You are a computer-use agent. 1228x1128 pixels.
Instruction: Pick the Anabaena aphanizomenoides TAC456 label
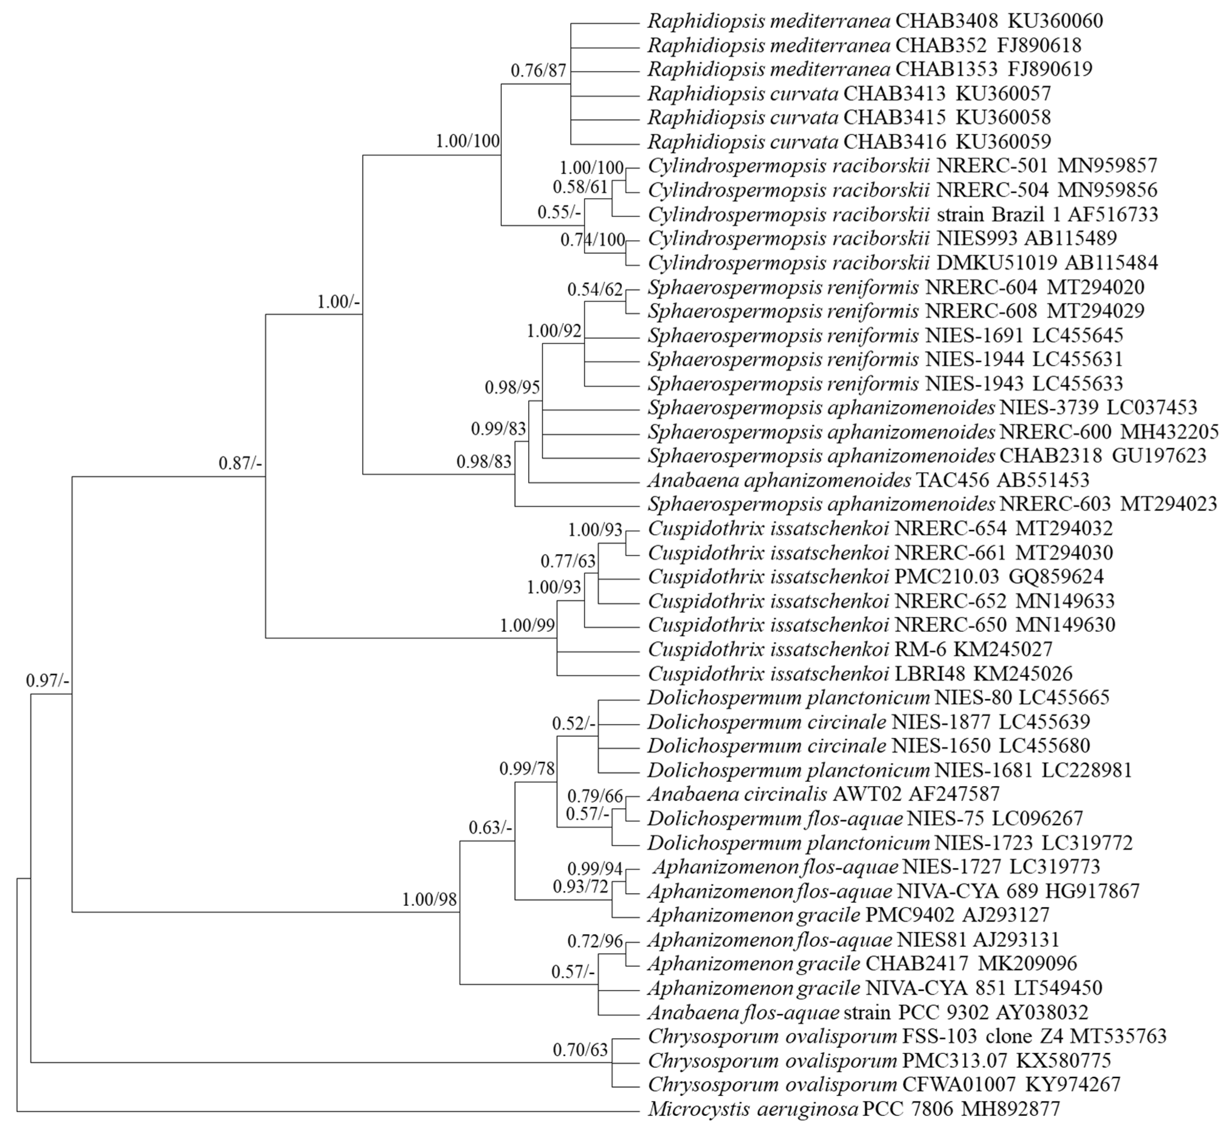pos(868,480)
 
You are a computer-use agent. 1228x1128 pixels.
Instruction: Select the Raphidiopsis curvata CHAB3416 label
pos(849,142)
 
